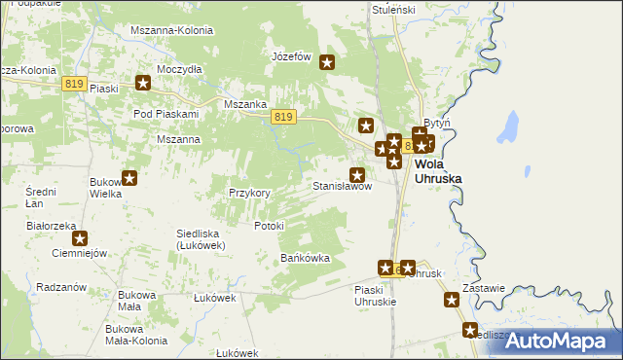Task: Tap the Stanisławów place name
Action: pos(342,186)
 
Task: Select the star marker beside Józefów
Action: pos(327,63)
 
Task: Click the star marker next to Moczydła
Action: pos(143,83)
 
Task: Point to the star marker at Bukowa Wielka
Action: pos(128,178)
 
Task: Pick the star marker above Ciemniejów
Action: pos(80,237)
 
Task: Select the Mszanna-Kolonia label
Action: pos(171,30)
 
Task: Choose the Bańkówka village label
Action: pos(306,259)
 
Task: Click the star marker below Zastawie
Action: pos(452,301)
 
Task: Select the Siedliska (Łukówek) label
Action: pos(201,239)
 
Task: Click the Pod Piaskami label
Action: pos(165,114)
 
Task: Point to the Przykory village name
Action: pos(249,193)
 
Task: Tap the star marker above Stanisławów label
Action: pos(358,172)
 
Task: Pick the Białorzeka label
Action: pos(53,225)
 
